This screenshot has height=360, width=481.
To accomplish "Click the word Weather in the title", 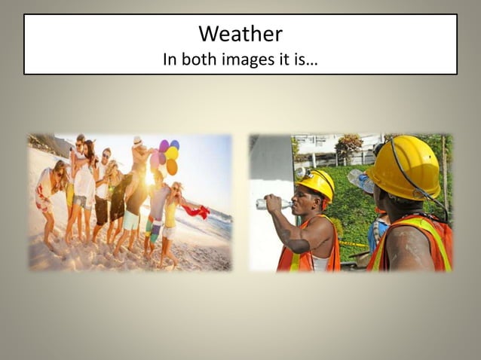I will [240, 34].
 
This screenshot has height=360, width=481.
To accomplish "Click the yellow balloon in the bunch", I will [172, 153].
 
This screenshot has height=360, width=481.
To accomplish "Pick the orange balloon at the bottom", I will [172, 167].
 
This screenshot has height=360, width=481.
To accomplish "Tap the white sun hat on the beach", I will [137, 141].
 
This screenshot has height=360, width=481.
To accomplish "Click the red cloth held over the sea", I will [197, 212].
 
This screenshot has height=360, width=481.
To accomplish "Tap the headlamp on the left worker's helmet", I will [302, 175].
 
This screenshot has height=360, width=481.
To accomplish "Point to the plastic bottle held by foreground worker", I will [360, 182].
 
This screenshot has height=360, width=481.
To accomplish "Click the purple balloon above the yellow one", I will [164, 145].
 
